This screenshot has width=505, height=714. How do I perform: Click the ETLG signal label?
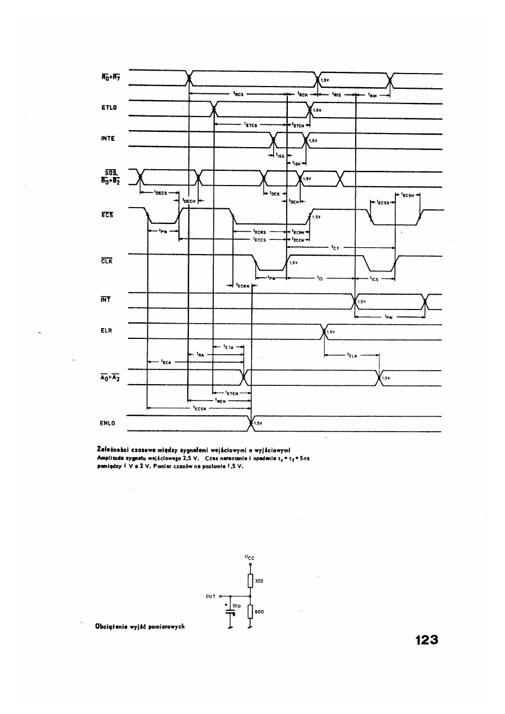(107, 108)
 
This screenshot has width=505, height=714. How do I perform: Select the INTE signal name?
(107, 139)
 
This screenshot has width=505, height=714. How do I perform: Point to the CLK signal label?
(106, 261)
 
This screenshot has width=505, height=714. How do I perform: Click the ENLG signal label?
(107, 422)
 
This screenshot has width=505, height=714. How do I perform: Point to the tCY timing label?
(334, 247)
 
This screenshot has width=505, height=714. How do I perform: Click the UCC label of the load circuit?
(249, 557)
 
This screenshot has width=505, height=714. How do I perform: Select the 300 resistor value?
(260, 581)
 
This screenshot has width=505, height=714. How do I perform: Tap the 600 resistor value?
(260, 612)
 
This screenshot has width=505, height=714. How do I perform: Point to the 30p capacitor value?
(237, 605)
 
